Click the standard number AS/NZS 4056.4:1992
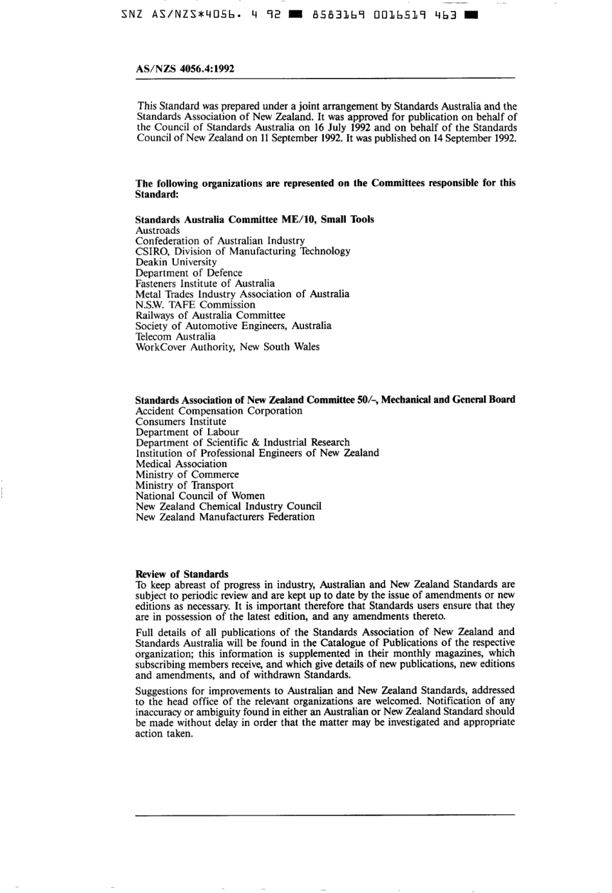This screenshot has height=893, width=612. [184, 68]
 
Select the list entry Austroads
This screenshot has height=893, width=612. [158, 231]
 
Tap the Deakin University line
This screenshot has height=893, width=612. [176, 262]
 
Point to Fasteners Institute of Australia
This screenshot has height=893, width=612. [205, 283]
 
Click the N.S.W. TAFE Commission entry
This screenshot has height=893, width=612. [195, 305]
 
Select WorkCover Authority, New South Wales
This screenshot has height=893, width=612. [227, 347]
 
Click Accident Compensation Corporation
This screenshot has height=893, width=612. [218, 411]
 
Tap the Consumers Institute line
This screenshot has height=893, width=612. [181, 422]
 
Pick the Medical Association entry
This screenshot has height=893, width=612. [181, 464]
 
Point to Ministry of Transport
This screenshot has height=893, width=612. [184, 485]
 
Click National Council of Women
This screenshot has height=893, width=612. [200, 496]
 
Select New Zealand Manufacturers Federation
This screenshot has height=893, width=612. [225, 517]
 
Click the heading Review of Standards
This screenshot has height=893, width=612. [182, 574]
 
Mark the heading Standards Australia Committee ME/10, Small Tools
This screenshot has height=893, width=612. [254, 220]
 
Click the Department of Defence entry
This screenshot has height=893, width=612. [189, 273]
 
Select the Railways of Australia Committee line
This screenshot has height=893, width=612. [210, 316]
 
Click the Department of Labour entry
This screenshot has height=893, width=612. [187, 432]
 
